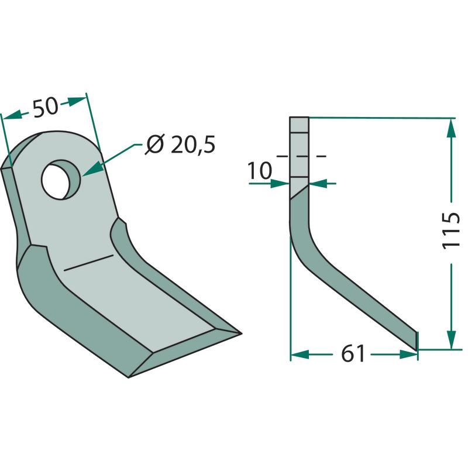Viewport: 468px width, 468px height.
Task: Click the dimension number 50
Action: tap(46, 107)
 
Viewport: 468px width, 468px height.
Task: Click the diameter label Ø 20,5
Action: tap(180, 144)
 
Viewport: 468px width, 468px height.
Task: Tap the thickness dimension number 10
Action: tap(260, 171)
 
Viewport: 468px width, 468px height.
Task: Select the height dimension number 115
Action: tap(450, 230)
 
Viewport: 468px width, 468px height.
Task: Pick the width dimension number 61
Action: tap(353, 354)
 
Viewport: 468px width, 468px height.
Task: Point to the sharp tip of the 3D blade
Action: tap(240, 333)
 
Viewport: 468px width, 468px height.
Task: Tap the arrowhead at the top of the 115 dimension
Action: tap(451, 129)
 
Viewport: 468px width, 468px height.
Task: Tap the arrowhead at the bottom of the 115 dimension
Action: tap(451, 339)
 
